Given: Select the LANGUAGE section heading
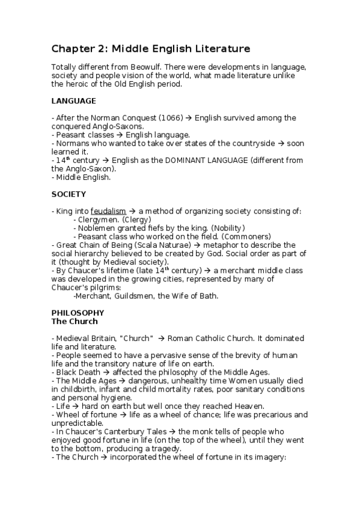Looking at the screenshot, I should [74, 100].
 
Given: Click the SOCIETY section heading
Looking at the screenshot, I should [69, 194].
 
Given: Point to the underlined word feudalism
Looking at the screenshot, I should [108, 211].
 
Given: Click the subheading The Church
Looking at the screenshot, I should [75, 322].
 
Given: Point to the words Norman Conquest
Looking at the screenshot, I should [110, 118].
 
